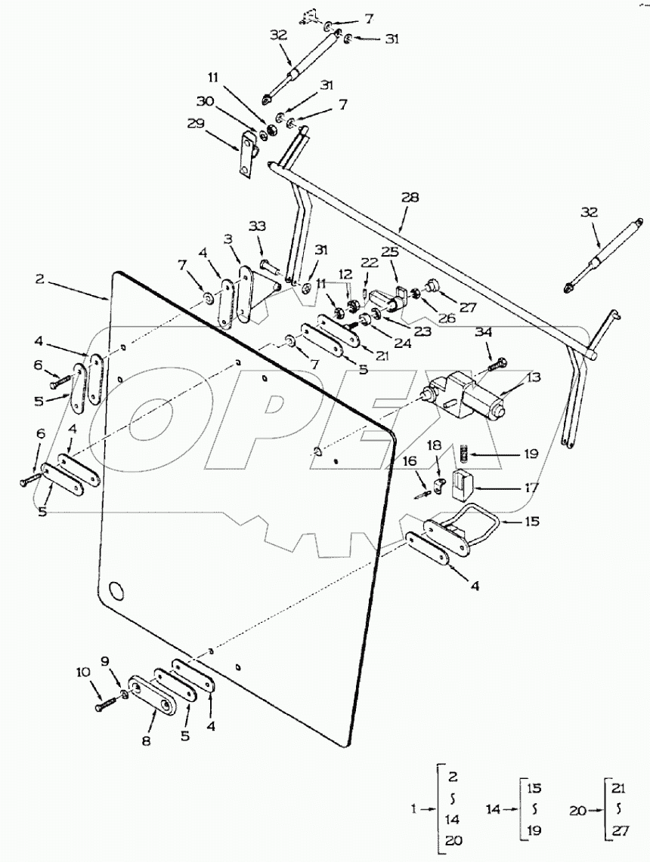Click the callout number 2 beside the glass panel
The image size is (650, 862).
[x=40, y=279]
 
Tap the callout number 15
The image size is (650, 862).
[x=531, y=522]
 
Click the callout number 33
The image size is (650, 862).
[x=258, y=226]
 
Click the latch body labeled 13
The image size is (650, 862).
[x=463, y=393]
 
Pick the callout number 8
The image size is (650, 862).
[x=146, y=742]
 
